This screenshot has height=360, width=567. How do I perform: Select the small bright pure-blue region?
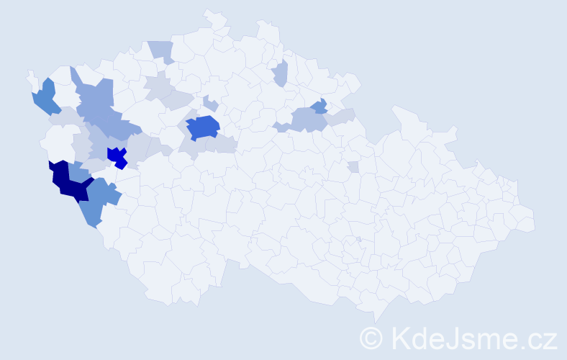click(117, 156)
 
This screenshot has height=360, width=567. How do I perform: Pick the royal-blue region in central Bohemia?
click(203, 127)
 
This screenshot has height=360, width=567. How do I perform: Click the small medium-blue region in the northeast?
click(319, 107)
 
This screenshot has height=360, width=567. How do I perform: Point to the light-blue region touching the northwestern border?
click(161, 50)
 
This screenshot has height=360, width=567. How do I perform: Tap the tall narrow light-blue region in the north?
click(281, 73)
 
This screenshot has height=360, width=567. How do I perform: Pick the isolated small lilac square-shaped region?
click(353, 167)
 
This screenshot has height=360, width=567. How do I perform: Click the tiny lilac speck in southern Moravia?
click(358, 239)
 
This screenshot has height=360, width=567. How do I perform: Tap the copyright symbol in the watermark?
click(371, 337)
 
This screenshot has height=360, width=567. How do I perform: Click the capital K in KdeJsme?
click(400, 337)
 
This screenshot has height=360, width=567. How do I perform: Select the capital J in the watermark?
click(452, 337)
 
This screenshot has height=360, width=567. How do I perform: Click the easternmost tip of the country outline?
click(535, 222)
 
